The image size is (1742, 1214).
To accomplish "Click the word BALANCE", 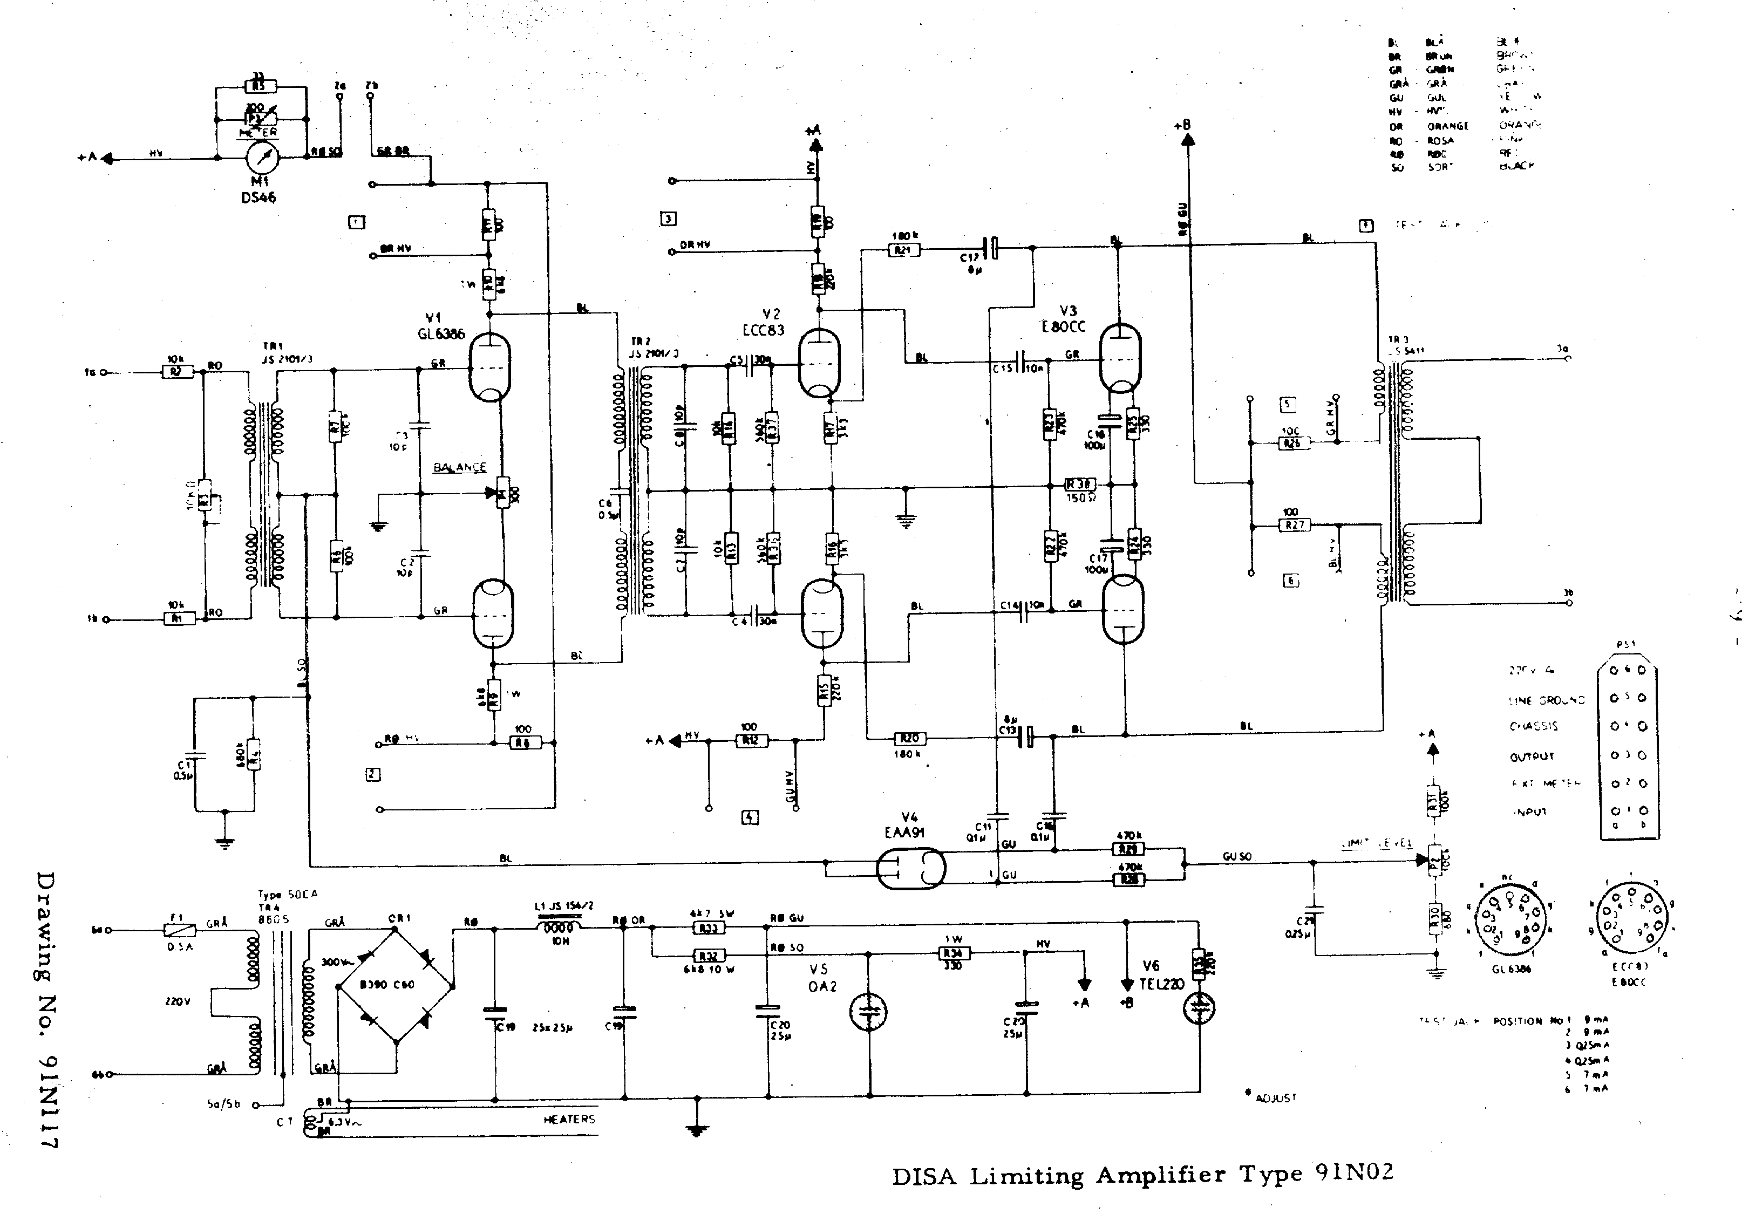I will click(460, 467).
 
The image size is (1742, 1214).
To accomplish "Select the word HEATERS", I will click(569, 1119).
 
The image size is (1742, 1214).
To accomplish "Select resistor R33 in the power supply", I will click(708, 928).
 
